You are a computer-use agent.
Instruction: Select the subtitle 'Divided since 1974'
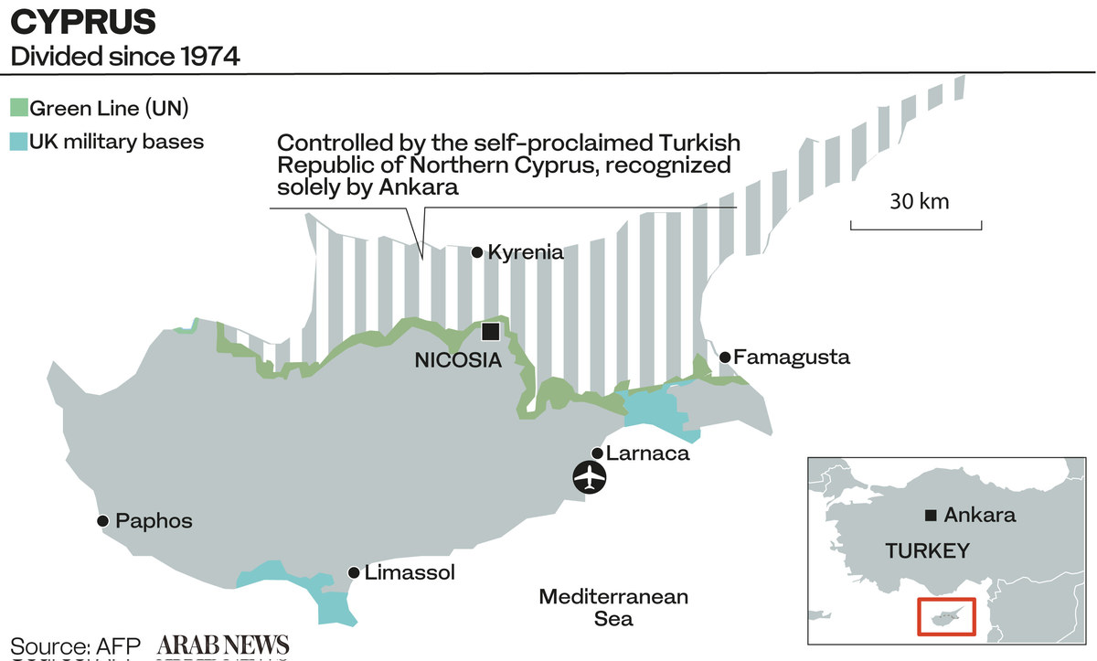124,57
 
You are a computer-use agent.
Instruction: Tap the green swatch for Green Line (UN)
19,109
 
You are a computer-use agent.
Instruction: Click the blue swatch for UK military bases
19,143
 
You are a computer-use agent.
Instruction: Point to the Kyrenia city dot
476,252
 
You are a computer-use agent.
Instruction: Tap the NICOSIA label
458,360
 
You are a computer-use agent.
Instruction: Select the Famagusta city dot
725,357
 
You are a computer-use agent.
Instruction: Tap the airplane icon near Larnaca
591,477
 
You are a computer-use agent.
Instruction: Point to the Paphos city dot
103,521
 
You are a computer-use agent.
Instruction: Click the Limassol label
409,573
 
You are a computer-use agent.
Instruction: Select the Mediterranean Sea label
612,607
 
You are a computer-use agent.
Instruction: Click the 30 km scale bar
916,224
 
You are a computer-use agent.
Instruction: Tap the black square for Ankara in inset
931,516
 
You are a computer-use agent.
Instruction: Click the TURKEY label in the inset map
927,550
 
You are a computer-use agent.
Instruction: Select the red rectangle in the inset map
947,617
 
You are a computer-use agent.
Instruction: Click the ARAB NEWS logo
223,644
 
